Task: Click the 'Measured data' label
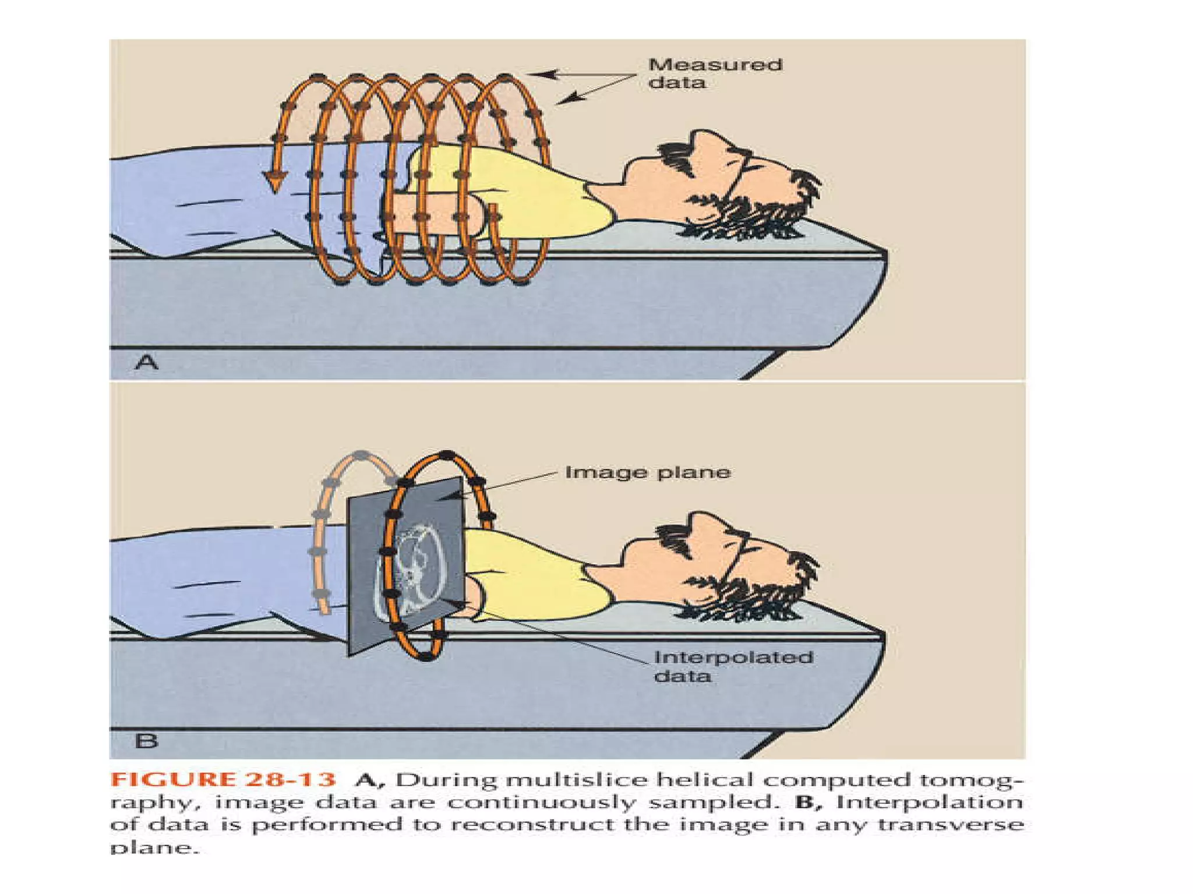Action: click(715, 73)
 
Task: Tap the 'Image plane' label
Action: click(647, 472)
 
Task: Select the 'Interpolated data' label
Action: click(733, 666)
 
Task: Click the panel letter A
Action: click(146, 362)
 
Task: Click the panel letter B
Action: click(146, 741)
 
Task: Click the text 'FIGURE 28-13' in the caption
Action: click(223, 780)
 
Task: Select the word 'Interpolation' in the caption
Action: click(929, 803)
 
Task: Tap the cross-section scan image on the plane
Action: click(417, 568)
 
